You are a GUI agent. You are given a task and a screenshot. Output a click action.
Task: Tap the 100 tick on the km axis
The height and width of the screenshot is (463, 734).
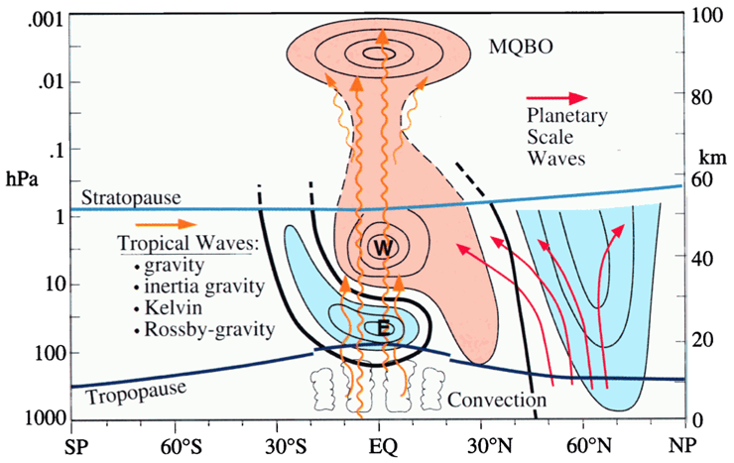[x=705, y=17]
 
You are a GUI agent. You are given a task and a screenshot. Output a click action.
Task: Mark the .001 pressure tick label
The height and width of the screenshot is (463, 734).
[x=47, y=17]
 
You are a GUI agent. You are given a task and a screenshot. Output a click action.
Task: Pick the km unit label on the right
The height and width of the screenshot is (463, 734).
[x=705, y=159]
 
